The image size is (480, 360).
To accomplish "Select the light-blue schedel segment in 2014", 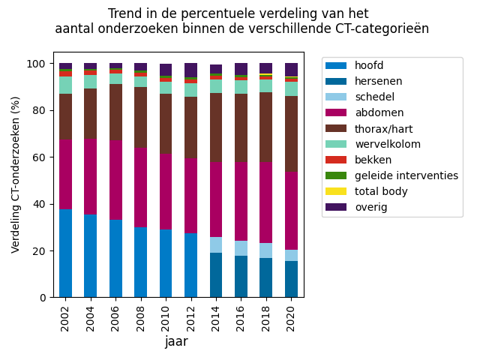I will coord(216,245).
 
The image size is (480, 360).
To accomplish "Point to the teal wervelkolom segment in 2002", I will coord(66,85).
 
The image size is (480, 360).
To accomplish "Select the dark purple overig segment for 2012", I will coord(191,70).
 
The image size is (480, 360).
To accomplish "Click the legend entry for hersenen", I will coord(378,81).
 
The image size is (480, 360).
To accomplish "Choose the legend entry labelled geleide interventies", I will coord(406,175).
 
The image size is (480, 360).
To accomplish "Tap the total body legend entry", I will coord(381,191).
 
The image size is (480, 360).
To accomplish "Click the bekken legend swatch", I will coord(336,160).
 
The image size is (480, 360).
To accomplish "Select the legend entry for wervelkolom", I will coord(387,144).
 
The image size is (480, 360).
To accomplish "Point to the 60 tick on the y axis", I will coord(43,157).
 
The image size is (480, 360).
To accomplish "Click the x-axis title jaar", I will coord(176,342).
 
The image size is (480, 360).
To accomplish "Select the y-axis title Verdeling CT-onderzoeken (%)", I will coord(16,174).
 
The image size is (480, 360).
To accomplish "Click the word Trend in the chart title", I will coord(123,14).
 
